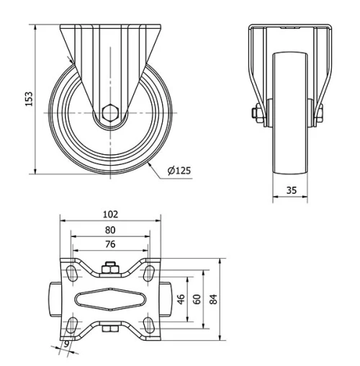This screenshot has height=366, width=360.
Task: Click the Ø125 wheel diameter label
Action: click(179, 171)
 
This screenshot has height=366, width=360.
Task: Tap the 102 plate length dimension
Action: click(110, 214)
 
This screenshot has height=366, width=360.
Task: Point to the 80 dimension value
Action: click(110, 230)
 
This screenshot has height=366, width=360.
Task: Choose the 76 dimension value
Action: click(110, 244)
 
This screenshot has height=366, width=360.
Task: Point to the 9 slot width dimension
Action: click(67, 345)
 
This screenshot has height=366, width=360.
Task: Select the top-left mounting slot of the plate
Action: click(73, 272)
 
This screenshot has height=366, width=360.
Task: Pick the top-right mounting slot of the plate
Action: click(147, 272)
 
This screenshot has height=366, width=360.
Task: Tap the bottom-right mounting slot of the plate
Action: click(147, 323)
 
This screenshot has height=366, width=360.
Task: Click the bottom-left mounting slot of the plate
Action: click(73, 323)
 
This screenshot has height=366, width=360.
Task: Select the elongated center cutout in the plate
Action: click(109, 298)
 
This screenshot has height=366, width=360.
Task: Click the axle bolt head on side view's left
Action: click(257, 112)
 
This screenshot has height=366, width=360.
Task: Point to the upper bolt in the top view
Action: click(109, 270)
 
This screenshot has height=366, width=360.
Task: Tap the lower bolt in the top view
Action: click(109, 330)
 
